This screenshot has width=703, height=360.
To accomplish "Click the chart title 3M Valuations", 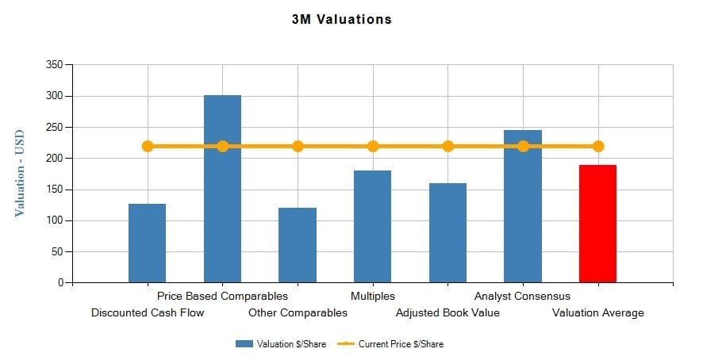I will [341, 19].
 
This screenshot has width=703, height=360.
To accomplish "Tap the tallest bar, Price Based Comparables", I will [222, 198].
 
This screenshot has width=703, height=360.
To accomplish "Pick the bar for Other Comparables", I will [298, 245].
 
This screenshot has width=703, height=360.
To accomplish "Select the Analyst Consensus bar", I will [523, 214].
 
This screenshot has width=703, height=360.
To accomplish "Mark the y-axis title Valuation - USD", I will [20, 173].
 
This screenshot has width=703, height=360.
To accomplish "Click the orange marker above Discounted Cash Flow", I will [148, 146].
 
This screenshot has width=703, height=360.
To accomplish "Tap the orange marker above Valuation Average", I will [598, 146].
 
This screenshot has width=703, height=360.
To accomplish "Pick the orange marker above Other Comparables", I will [298, 146].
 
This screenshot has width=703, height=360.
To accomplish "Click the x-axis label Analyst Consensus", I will [522, 297].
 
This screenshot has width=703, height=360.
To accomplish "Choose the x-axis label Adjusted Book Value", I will [448, 312].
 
